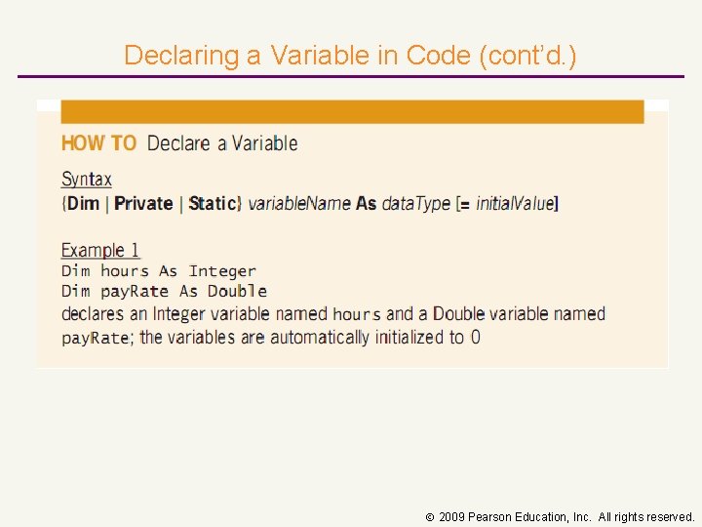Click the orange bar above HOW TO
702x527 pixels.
pos(352,111)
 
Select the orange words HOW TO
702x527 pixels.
pos(98,143)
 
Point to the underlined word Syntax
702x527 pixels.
pos(87,180)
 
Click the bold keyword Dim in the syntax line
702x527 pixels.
pos(84,204)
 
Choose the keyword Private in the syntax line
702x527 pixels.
pos(143,204)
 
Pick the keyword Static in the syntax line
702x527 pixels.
pos(214,204)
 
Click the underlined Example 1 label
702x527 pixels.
pos(100,251)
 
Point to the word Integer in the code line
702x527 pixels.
pos(222,271)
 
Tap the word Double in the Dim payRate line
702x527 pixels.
pos(237,291)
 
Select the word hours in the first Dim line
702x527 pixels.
pos(125,271)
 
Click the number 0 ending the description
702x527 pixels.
pos(475,338)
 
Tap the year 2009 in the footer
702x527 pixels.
pos(451,516)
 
